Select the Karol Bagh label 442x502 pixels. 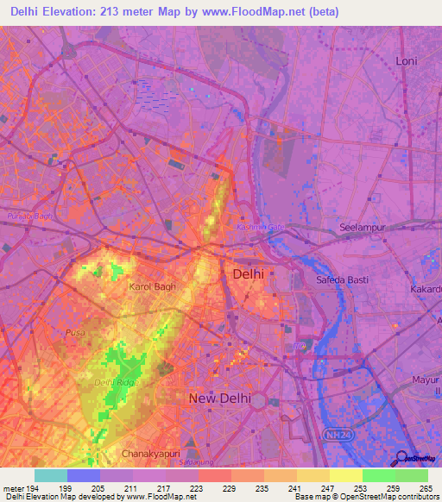[x=152, y=286]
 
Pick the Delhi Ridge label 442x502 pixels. [x=112, y=382]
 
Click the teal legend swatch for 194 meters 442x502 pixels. [x=51, y=475]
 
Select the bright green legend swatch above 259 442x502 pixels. [x=378, y=475]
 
